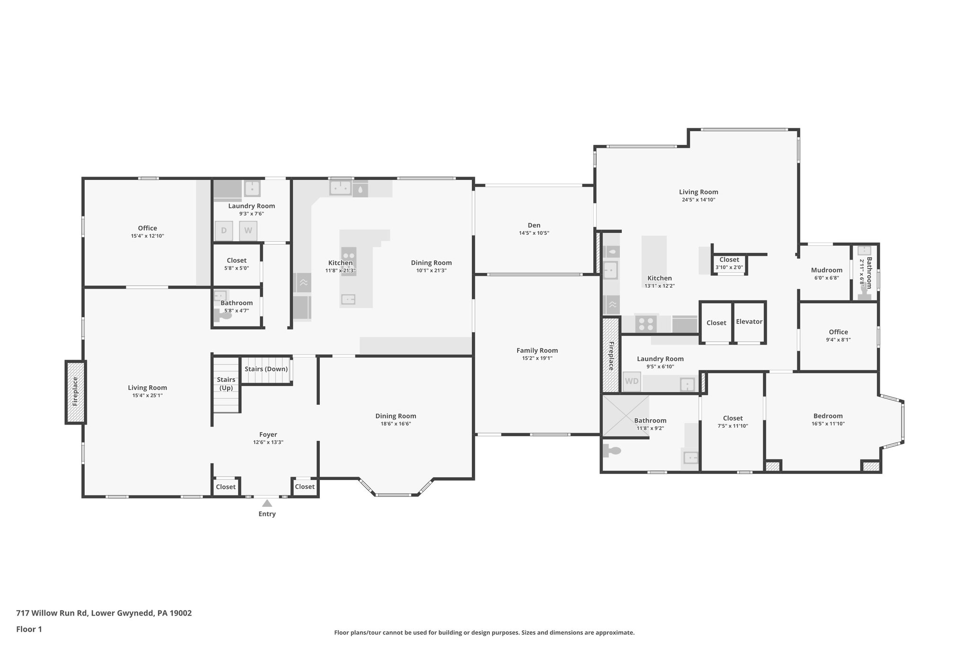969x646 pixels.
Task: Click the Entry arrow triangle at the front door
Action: click(x=267, y=503)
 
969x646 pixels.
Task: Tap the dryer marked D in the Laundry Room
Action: click(x=224, y=231)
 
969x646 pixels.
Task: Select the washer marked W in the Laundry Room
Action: click(x=248, y=231)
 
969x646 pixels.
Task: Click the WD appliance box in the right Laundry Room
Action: click(x=632, y=381)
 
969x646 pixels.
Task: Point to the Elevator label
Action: click(x=749, y=322)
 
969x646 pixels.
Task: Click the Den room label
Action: click(x=534, y=225)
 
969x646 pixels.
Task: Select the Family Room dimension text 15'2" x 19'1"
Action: click(x=537, y=358)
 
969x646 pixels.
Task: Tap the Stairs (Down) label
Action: click(x=266, y=369)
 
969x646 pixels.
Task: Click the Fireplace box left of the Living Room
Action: click(x=76, y=392)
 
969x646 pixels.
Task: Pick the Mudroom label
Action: click(x=827, y=270)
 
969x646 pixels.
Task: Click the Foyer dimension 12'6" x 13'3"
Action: click(x=268, y=442)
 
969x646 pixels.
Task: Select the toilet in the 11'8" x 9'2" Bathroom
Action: click(x=611, y=451)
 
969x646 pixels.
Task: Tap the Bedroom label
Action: click(x=828, y=416)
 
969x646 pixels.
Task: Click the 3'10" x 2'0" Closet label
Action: click(x=729, y=260)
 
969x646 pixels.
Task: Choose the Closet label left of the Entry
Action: click(x=226, y=487)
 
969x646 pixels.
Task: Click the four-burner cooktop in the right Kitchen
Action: click(x=646, y=324)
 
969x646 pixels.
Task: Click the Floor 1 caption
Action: click(x=29, y=629)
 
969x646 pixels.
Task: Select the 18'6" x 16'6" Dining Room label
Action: click(x=396, y=416)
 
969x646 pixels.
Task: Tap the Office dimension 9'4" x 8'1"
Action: click(x=838, y=339)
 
